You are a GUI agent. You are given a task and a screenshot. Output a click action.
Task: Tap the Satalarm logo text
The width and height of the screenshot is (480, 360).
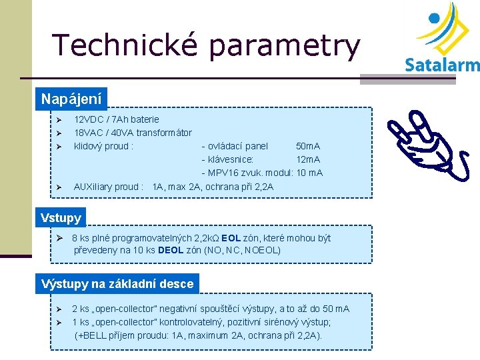click(x=442, y=65)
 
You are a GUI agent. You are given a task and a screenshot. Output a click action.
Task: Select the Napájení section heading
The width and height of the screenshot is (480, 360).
click(x=71, y=99)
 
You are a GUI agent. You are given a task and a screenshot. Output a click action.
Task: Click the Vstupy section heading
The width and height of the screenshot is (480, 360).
click(x=61, y=217)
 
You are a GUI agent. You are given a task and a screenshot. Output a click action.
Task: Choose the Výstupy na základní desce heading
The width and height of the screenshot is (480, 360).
click(x=117, y=284)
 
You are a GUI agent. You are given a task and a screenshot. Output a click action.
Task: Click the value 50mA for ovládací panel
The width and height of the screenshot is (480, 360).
click(x=308, y=146)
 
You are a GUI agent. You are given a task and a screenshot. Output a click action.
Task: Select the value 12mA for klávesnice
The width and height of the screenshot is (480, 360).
click(x=308, y=159)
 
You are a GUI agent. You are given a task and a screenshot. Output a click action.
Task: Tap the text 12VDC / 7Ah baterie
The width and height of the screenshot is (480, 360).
click(x=117, y=119)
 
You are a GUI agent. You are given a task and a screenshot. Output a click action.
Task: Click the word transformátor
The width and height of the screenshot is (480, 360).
click(x=164, y=133)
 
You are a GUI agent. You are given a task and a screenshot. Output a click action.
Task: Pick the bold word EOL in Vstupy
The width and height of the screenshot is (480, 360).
click(x=231, y=238)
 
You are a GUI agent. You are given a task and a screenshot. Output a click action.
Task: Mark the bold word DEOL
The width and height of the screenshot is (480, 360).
click(x=171, y=251)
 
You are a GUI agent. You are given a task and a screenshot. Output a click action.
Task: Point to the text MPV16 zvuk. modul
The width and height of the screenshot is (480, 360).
click(x=250, y=173)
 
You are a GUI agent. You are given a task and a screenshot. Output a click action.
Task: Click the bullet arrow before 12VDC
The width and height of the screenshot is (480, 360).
click(x=59, y=120)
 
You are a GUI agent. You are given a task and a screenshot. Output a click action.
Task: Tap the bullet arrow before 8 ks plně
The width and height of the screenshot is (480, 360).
click(x=59, y=239)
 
